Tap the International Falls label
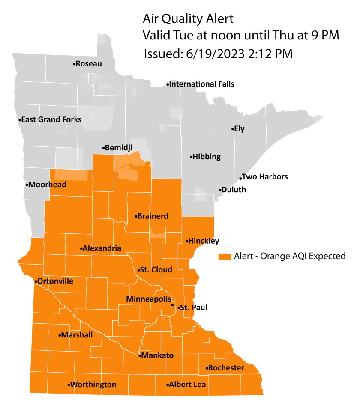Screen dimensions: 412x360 tap(202, 84)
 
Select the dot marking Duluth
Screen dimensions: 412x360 tap(220, 190)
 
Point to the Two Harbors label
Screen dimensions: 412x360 tap(265, 176)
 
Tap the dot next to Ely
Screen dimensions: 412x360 tap(232, 129)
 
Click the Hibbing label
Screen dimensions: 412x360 tap(207, 157)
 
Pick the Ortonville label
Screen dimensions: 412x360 tap(55, 281)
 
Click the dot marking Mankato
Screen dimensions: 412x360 tap(140, 355)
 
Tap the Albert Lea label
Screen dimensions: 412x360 tap(188, 385)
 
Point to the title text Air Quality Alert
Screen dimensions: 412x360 tap(188, 19)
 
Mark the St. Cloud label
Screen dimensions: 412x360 tap(156, 270)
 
